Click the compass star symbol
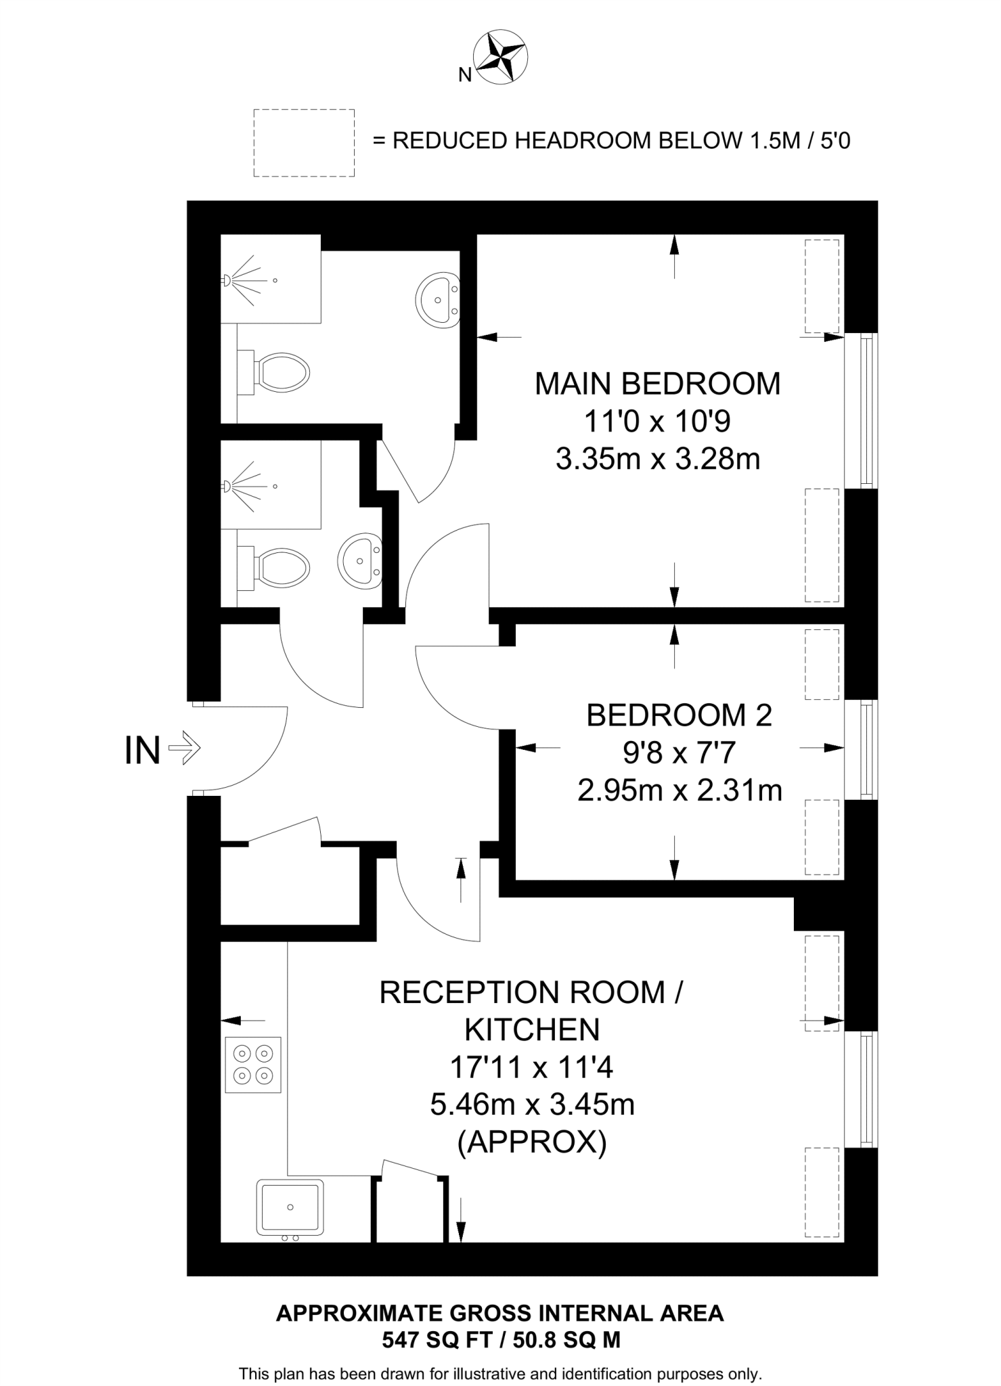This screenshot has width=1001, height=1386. [500, 57]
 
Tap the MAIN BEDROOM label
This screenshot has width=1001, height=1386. [657, 384]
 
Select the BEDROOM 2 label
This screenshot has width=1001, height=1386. [679, 715]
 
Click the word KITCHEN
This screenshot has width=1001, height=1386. [532, 1030]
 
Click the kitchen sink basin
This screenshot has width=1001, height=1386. [290, 1207]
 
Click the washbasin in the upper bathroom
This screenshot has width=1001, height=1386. [438, 300]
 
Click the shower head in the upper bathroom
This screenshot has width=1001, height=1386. [227, 280]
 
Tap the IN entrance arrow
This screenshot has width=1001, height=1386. [184, 749]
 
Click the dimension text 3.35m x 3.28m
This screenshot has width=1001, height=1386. [657, 460]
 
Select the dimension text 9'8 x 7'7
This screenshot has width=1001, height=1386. [679, 753]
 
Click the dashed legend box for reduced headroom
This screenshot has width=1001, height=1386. [304, 143]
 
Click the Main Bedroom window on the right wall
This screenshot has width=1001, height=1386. [862, 410]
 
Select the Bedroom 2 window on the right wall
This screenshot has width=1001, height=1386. [862, 749]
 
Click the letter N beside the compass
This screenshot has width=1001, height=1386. [464, 75]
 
